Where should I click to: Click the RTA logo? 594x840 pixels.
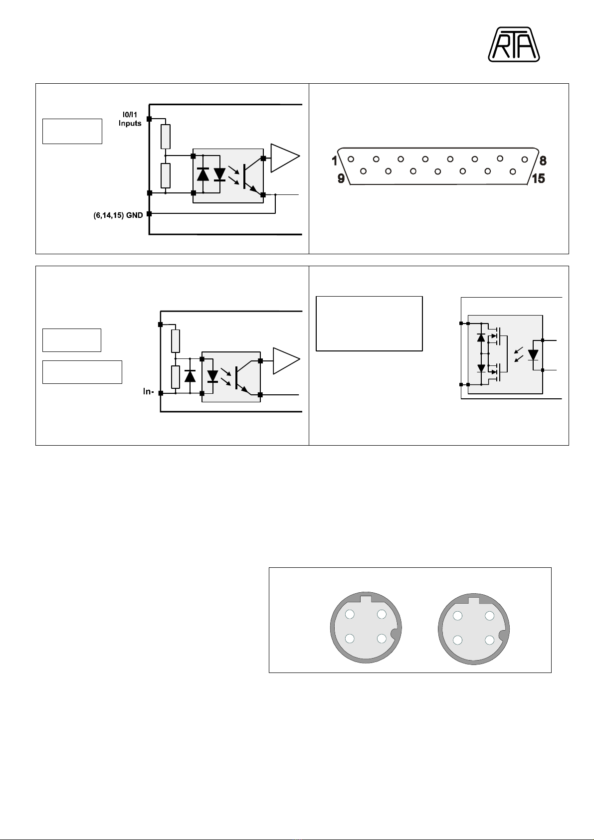(x=514, y=44)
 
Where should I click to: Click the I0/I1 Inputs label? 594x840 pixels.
(x=130, y=119)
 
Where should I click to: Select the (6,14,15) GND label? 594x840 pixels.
(x=118, y=215)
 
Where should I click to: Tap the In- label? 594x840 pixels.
(x=148, y=391)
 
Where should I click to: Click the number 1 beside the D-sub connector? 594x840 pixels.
(x=334, y=161)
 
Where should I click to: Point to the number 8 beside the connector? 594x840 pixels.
(x=543, y=161)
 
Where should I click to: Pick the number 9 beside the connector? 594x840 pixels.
(x=341, y=178)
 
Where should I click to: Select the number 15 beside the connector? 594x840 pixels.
(x=538, y=178)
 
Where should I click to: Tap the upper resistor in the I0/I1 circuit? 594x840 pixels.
(x=166, y=137)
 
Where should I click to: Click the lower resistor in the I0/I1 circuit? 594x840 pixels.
(x=166, y=175)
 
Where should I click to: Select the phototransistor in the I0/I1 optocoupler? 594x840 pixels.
(x=251, y=176)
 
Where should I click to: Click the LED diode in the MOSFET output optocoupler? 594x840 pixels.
(x=533, y=355)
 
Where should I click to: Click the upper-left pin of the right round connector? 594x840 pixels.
(x=457, y=616)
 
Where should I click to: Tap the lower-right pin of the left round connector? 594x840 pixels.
(x=382, y=638)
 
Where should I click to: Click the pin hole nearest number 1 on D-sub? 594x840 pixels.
(x=351, y=159)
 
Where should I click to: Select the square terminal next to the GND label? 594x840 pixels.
(x=149, y=214)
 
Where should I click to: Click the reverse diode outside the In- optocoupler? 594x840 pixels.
(x=190, y=376)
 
